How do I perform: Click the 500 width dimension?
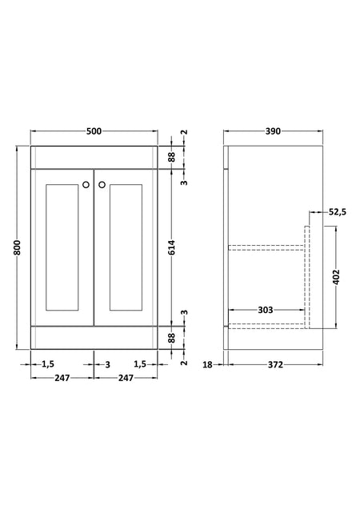click(x=94, y=131)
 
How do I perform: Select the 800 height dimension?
click(x=18, y=248)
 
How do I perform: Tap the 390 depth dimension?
click(x=273, y=131)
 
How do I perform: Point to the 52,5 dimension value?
click(x=338, y=212)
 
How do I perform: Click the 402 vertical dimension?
click(x=336, y=277)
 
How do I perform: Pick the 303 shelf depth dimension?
click(x=266, y=310)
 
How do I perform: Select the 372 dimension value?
click(x=275, y=365)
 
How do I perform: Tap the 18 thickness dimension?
click(x=207, y=365)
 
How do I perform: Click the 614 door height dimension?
click(x=172, y=247)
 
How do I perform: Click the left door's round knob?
click(x=86, y=185)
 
